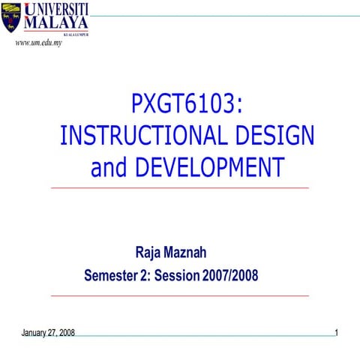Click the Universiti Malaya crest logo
pos(10,19)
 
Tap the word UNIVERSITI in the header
pos(57,9)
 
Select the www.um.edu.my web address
pos(38,43)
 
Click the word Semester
pos(110,275)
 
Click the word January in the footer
pos(35,332)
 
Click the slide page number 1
pos(337,331)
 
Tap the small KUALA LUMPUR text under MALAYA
pos(76,34)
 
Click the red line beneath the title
pos(179,187)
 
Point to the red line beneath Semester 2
pos(179,295)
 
